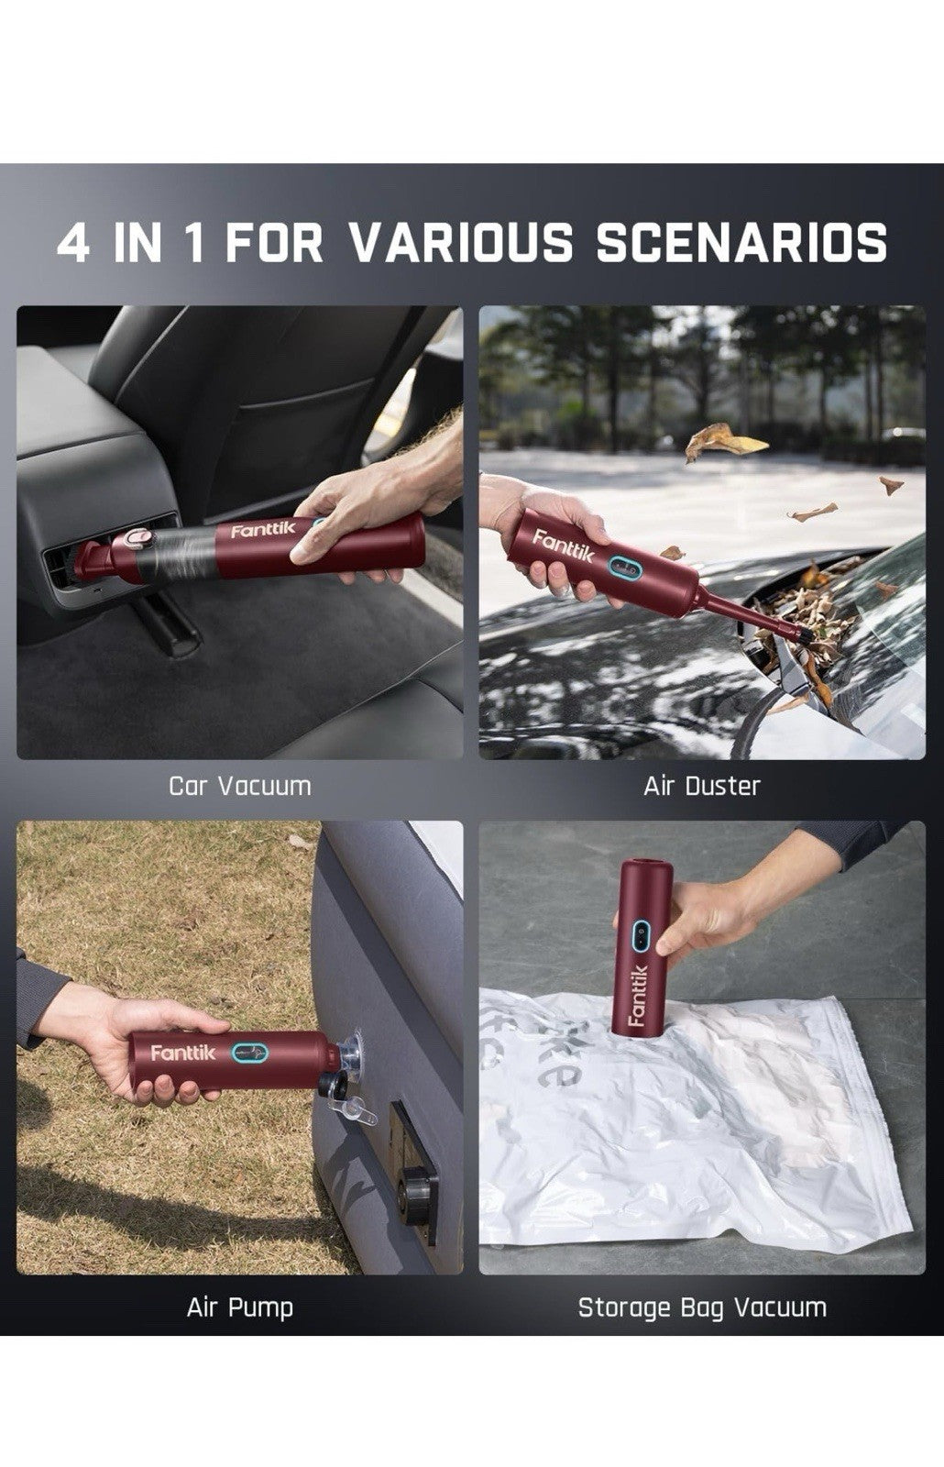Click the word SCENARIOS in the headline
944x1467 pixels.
point(741,243)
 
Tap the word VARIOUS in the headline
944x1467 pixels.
point(459,243)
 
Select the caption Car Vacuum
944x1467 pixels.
point(239,786)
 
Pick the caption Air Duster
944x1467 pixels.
point(702,786)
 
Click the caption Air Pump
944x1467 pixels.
point(239,1308)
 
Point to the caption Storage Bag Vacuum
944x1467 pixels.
point(702,1308)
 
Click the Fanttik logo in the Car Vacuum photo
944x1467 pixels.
point(263,530)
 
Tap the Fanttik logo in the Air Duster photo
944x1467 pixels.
point(563,546)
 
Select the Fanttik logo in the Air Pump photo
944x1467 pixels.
point(182,1053)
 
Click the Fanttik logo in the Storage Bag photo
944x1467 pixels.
point(638,995)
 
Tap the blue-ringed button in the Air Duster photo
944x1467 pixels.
point(623,568)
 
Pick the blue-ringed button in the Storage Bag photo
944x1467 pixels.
point(641,934)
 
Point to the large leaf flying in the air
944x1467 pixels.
point(725,441)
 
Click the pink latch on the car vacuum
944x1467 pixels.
point(137,539)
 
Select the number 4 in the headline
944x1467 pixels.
point(73,243)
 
